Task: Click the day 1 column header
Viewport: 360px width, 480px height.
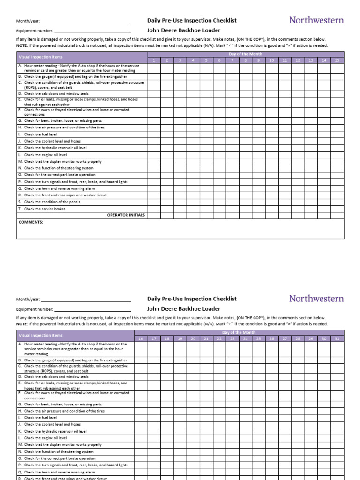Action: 153,60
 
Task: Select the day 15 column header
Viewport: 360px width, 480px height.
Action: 337,60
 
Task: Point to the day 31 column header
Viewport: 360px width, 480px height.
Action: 337,338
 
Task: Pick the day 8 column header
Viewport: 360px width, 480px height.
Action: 245,60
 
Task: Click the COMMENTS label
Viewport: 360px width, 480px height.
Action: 31,222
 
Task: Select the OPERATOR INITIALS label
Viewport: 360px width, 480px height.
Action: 126,215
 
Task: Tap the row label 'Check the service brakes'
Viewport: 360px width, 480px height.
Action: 45,209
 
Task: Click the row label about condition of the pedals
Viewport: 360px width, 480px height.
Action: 52,202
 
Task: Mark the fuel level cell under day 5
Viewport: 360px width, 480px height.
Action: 206,134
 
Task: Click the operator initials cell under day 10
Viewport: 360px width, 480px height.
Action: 271,215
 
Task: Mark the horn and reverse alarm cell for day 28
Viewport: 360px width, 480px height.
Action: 298,472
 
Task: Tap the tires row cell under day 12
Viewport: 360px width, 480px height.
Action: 298,127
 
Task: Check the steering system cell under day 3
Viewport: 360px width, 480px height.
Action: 180,168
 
